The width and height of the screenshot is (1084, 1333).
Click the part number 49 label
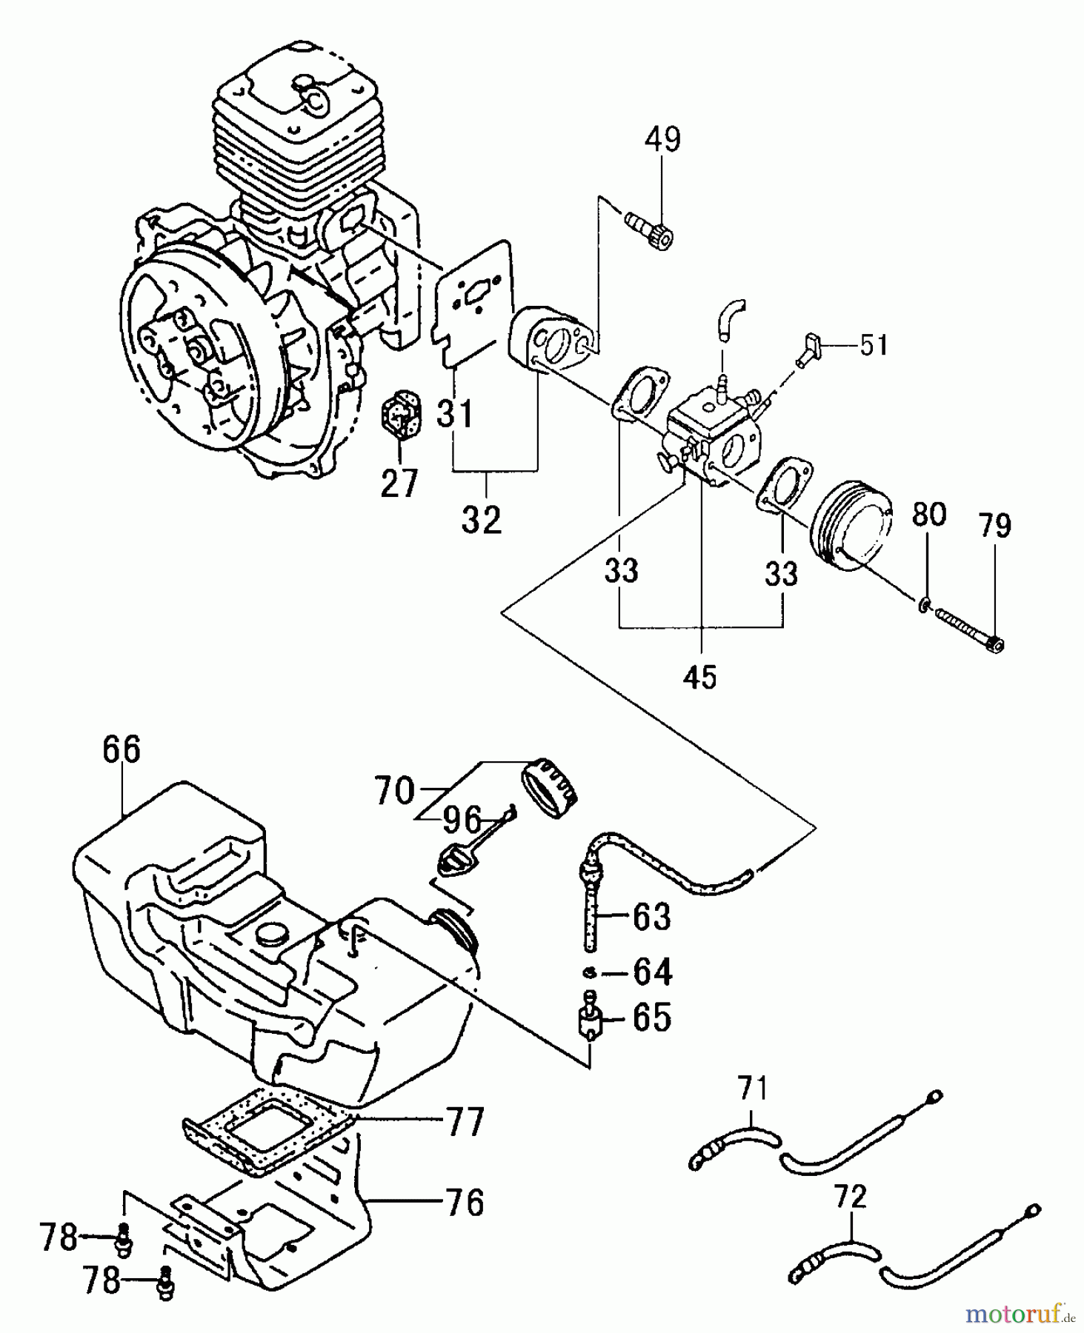click(662, 139)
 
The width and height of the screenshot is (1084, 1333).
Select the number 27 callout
click(399, 483)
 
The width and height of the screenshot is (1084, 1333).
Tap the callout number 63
click(652, 917)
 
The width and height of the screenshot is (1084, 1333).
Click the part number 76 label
click(465, 1203)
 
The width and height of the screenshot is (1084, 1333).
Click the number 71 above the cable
click(753, 1090)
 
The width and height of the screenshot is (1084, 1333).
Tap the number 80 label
click(929, 514)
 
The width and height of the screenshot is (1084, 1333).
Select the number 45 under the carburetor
click(700, 676)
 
